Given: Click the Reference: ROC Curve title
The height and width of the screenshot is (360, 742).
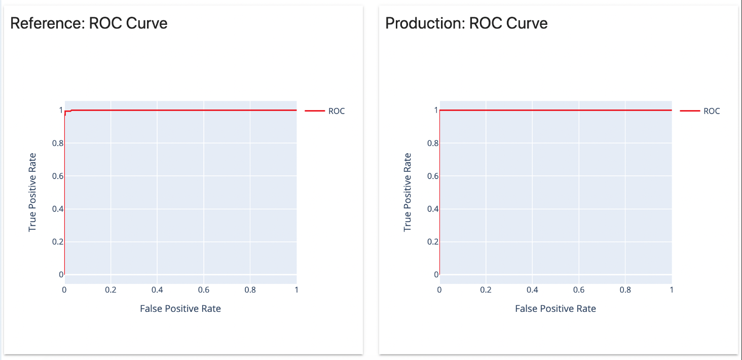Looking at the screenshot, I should (x=89, y=23).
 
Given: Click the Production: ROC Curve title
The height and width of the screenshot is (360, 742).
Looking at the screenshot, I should (x=466, y=23).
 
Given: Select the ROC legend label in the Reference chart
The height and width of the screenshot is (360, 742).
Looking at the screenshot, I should (x=337, y=111).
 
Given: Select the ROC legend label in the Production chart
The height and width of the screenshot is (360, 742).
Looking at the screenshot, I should (x=712, y=111).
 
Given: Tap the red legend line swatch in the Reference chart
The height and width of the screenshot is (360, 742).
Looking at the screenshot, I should (x=315, y=111).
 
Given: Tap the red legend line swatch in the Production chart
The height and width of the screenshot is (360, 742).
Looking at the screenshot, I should (x=690, y=111).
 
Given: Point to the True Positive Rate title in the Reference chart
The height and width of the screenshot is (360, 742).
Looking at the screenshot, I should (x=32, y=193).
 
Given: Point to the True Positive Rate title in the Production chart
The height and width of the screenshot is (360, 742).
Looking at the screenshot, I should (x=407, y=193).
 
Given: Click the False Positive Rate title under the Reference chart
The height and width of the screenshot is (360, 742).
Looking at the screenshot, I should (x=180, y=308).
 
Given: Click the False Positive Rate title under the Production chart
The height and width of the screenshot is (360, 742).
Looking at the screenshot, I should (x=555, y=308).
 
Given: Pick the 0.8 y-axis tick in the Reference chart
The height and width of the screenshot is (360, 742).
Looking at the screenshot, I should (x=57, y=143).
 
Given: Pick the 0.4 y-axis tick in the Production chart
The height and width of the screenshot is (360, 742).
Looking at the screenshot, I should (x=432, y=209).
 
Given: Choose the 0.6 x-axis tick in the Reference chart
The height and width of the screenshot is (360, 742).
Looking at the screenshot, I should (x=203, y=290).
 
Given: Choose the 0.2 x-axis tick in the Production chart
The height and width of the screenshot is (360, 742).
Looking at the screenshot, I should (x=486, y=290).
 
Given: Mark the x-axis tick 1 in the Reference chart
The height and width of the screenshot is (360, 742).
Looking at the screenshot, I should (x=296, y=290).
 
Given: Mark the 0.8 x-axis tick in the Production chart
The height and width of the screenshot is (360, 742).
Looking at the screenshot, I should (x=625, y=290).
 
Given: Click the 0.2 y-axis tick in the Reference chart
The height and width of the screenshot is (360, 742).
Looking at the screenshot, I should (x=57, y=242).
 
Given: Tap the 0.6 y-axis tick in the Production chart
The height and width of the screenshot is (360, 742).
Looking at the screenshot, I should (x=432, y=176).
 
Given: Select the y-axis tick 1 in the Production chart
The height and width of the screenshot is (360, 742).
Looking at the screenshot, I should (x=435, y=110).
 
